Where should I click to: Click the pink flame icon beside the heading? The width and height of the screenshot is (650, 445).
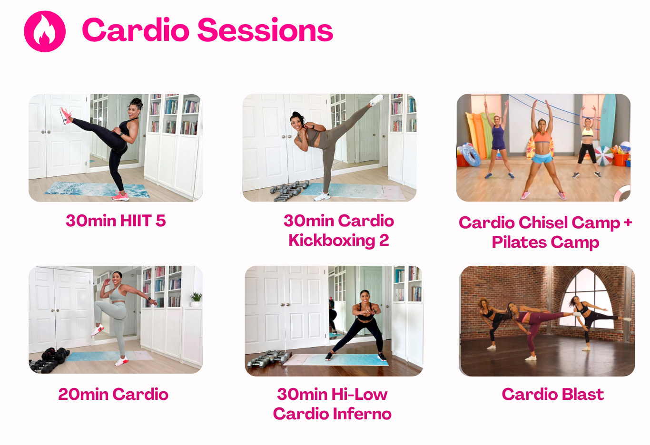[x=45, y=31]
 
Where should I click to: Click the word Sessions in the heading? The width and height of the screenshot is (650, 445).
[x=265, y=30]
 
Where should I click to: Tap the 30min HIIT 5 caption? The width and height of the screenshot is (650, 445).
[x=116, y=221]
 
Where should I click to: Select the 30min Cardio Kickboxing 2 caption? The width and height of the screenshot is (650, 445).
[x=339, y=231]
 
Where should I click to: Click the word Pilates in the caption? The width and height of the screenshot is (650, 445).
[x=519, y=242]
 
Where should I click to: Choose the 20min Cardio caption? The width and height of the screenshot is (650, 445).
[x=113, y=394]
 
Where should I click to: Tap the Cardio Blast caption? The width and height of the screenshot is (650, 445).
[x=553, y=394]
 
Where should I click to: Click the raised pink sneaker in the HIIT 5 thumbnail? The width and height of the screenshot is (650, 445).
[x=65, y=115]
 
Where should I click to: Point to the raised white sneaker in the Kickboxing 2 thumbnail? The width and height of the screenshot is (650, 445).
[x=377, y=100]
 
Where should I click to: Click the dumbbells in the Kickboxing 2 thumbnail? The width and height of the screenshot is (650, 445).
[x=289, y=191]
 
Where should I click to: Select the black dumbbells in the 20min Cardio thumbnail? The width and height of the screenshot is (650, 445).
[x=49, y=360]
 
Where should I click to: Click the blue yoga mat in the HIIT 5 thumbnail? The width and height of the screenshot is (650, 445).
[x=97, y=190]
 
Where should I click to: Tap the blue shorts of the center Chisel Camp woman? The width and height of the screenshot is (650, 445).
[x=542, y=158]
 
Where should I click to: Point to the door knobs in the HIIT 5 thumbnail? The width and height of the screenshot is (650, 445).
[x=45, y=132]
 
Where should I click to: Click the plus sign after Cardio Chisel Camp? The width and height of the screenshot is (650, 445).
[x=628, y=222]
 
